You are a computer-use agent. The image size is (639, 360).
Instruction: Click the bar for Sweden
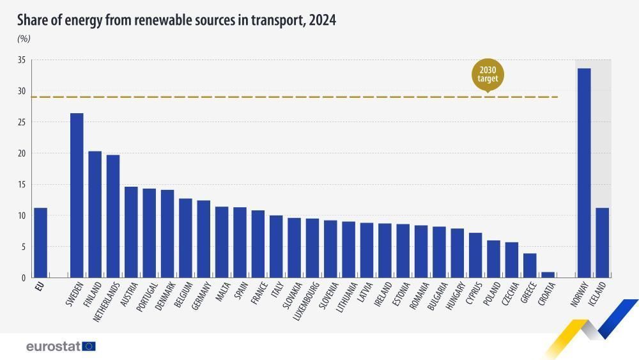pyautogui.click(x=77, y=195)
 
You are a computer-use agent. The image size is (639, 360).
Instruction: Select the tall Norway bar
pyautogui.click(x=583, y=173)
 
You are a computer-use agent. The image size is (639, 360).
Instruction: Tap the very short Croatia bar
pyautogui.click(x=548, y=275)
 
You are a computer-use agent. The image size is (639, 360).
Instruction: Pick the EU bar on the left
pyautogui.click(x=40, y=242)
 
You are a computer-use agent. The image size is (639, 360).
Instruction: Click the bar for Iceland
pyautogui.click(x=602, y=242)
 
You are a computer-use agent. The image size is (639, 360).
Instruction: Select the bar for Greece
pyautogui.click(x=530, y=265)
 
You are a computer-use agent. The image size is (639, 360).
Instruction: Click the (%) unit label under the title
pyautogui.click(x=24, y=38)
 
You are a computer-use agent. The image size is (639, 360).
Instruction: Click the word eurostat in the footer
pyautogui.click(x=53, y=347)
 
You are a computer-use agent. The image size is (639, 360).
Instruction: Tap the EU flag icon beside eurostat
pyautogui.click(x=89, y=347)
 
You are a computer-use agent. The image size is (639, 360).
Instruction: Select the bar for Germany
pyautogui.click(x=203, y=239)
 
